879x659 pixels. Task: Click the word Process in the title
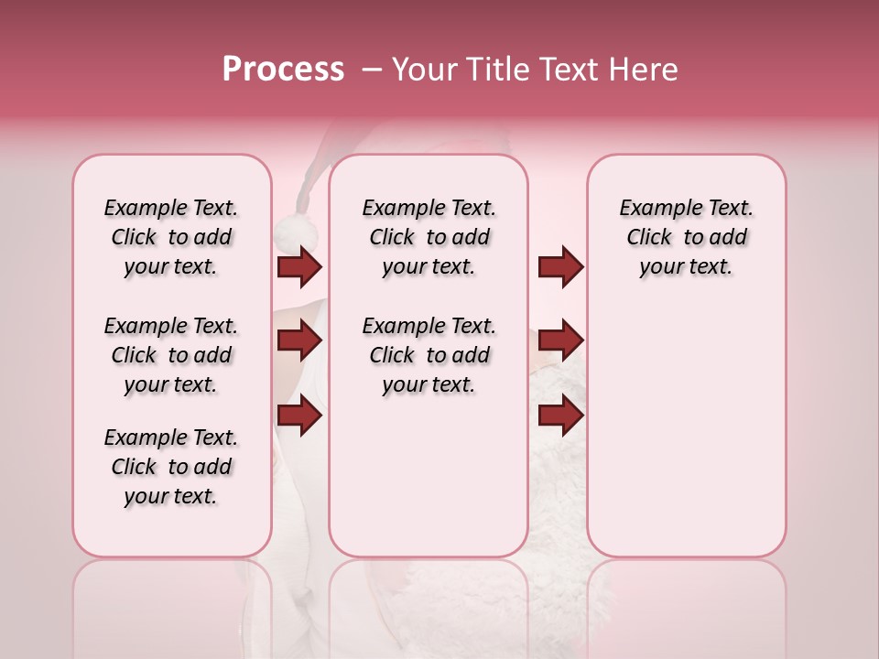[283, 70]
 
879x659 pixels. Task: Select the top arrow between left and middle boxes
[300, 267]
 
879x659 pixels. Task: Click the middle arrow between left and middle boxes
[300, 341]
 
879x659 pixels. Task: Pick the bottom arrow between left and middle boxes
[300, 416]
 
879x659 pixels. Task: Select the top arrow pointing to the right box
[560, 267]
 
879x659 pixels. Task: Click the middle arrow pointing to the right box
[560, 341]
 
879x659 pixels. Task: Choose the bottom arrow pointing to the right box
[560, 416]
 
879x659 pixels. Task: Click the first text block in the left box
[171, 237]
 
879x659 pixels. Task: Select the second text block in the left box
[171, 355]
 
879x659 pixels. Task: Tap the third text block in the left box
[171, 467]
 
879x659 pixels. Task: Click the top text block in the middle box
[429, 237]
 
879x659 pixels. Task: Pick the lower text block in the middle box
[429, 355]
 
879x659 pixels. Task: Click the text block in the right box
[687, 237]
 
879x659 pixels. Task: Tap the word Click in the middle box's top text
[392, 238]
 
